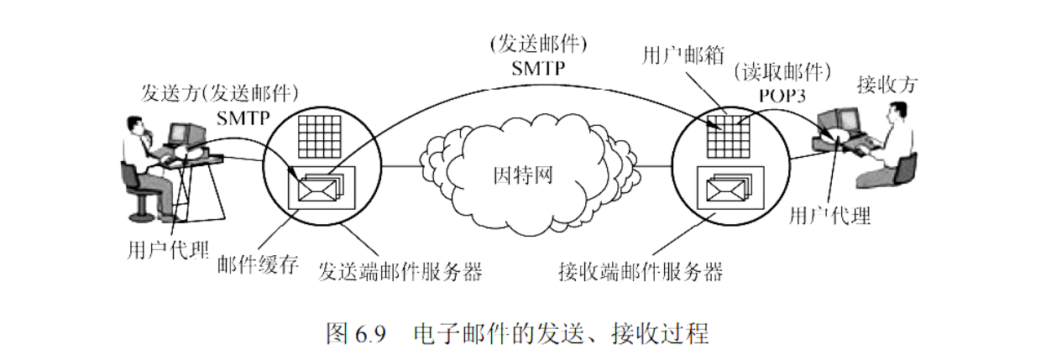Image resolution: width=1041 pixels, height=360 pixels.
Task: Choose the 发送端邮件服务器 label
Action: click(x=403, y=273)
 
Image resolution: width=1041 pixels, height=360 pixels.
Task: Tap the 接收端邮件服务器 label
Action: click(x=641, y=273)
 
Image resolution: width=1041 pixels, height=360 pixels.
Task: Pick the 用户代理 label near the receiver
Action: click(x=829, y=217)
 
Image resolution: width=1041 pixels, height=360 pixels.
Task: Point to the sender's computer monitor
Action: click(x=186, y=134)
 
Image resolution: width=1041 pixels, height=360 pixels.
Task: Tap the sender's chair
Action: click(x=137, y=189)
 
